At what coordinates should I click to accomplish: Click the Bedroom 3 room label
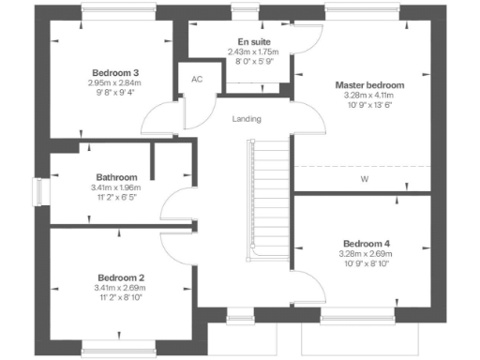click(x=116, y=73)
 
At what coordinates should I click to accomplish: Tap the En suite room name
click(x=248, y=42)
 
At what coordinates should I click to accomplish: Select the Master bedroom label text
click(x=367, y=85)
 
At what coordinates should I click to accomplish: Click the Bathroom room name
click(x=117, y=177)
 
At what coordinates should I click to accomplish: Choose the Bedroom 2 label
click(x=121, y=277)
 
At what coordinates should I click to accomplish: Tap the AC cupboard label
click(x=197, y=79)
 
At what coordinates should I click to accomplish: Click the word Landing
click(x=247, y=119)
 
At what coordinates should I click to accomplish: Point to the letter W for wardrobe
click(x=364, y=178)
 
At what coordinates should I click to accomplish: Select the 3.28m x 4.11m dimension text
click(x=367, y=96)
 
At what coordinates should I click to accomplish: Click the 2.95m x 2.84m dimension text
click(x=116, y=83)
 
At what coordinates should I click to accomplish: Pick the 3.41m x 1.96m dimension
click(x=117, y=187)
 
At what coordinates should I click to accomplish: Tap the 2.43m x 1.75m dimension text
click(x=248, y=52)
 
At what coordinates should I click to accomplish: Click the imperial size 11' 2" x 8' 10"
click(x=121, y=297)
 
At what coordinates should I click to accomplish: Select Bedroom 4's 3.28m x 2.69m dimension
click(x=366, y=254)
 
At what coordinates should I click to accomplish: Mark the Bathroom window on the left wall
click(x=39, y=191)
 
